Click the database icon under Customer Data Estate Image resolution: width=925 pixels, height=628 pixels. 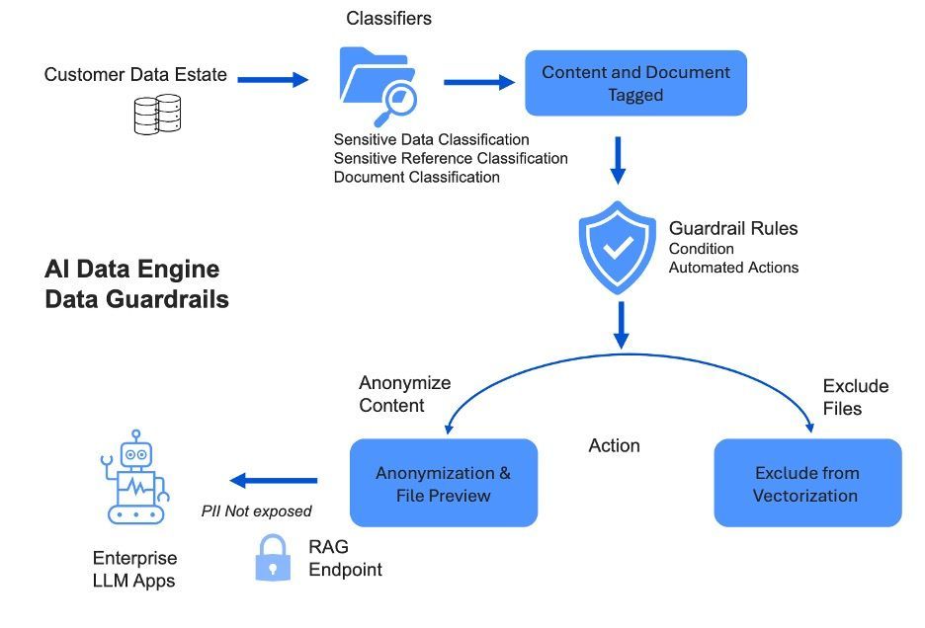coord(158,114)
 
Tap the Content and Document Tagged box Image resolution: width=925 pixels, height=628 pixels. coord(635,83)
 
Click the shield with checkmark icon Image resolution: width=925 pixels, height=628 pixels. coord(618,247)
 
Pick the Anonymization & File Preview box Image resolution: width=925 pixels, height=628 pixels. coord(443,483)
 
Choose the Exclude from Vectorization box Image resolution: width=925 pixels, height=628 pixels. coord(807,483)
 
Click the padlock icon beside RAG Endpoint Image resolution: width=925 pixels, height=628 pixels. coord(273,558)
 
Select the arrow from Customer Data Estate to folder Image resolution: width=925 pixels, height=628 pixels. coord(273,79)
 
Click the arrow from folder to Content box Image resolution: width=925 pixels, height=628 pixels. coord(479,82)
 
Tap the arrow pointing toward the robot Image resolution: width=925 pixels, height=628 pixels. coord(274,481)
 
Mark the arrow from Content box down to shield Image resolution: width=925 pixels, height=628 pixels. coord(618,160)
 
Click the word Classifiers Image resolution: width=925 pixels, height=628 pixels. coord(388,18)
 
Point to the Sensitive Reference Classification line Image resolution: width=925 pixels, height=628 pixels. coord(451,158)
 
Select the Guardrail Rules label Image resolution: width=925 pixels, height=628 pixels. coord(733,228)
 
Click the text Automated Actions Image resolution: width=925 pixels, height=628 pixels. coord(733,267)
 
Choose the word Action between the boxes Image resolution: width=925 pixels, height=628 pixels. coord(615,445)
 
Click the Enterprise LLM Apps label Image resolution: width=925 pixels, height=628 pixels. coord(134,569)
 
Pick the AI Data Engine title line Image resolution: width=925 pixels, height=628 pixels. coord(132,270)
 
